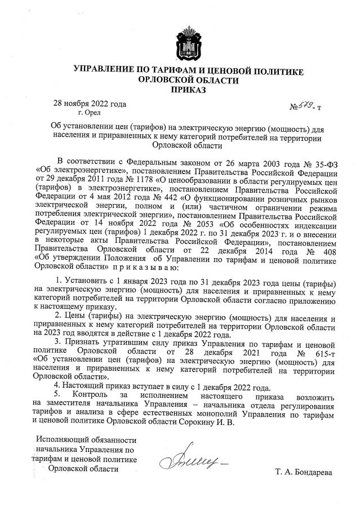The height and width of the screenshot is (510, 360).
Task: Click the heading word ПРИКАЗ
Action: pyautogui.click(x=189, y=90)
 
